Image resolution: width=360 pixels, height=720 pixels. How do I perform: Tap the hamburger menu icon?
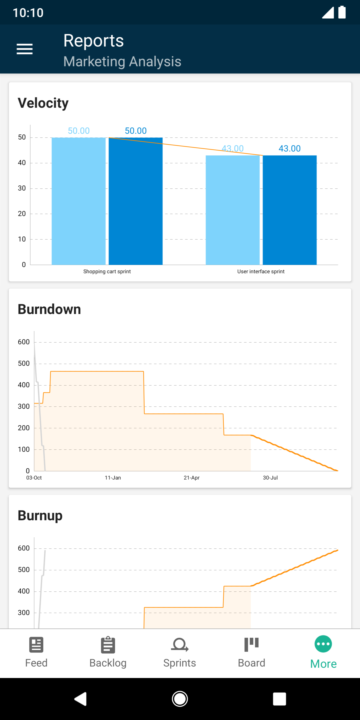click(24, 49)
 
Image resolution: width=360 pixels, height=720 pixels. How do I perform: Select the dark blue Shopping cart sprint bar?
click(135, 201)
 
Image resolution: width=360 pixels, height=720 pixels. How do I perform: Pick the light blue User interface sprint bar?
click(232, 210)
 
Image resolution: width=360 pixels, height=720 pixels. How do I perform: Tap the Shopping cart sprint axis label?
click(107, 271)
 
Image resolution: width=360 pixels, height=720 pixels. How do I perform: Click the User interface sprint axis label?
click(261, 271)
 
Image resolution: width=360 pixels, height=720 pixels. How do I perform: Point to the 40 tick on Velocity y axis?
click(22, 163)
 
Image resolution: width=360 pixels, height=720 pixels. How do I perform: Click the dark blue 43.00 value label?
click(289, 148)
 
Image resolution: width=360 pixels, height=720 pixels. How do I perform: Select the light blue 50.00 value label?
click(79, 131)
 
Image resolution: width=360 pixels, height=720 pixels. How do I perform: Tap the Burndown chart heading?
click(49, 309)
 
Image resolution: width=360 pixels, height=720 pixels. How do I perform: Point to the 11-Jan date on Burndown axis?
click(113, 478)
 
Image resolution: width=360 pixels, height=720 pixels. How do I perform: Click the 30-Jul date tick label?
click(270, 478)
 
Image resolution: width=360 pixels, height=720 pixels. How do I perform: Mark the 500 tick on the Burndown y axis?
click(24, 363)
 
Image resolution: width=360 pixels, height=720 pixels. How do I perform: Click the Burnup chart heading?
click(40, 515)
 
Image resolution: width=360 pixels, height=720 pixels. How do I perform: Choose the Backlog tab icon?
click(108, 645)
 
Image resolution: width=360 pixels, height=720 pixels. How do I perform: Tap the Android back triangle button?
click(80, 699)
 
